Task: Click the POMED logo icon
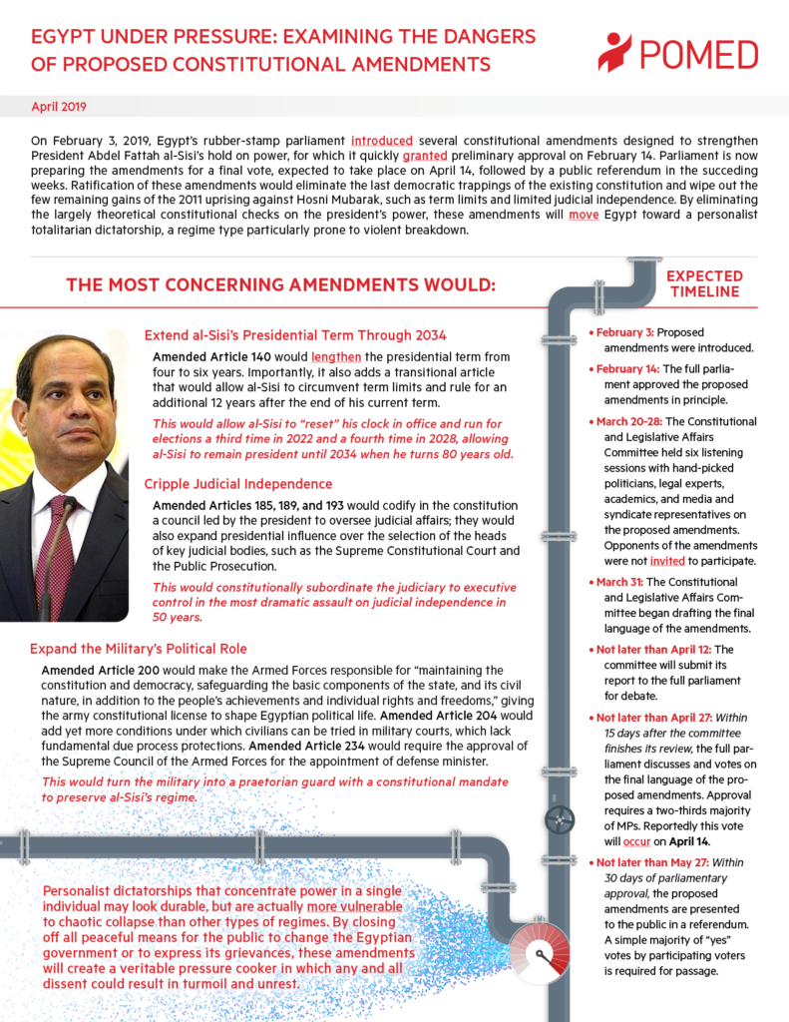pos(614,52)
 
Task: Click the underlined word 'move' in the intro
pos(584,213)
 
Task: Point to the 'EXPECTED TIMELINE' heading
pos(705,283)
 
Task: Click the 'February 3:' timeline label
pos(625,331)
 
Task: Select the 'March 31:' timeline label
pos(625,581)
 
